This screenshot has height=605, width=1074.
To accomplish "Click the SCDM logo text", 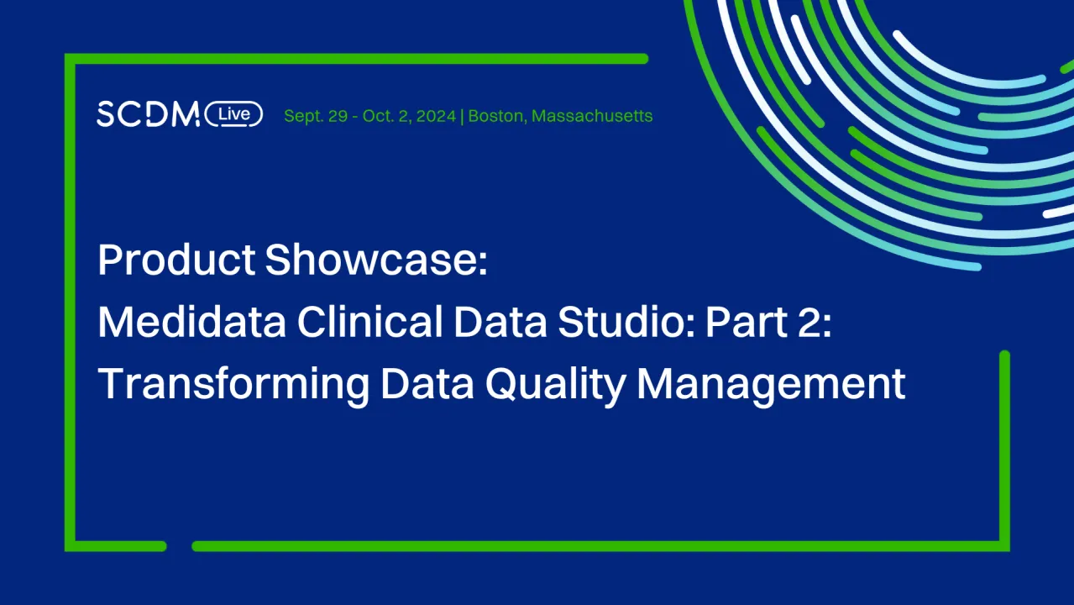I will click(x=148, y=114).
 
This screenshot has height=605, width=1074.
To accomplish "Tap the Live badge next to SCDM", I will click(x=233, y=114).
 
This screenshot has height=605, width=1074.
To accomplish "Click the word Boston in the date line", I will click(x=496, y=116).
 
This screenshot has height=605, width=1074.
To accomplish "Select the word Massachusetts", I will click(x=592, y=116).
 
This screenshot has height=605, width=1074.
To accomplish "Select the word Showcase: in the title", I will click(x=376, y=260).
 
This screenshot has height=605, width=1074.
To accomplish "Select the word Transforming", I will click(x=233, y=385).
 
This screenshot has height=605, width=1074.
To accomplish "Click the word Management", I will click(x=771, y=385).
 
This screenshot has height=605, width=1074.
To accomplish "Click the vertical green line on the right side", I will click(x=1004, y=445).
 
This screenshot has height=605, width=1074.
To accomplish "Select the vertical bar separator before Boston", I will click(x=463, y=116).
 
